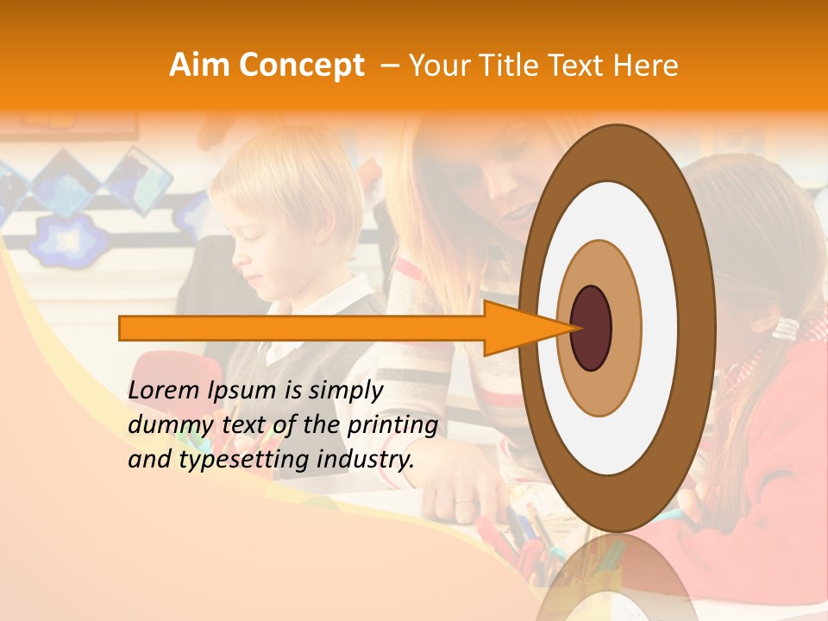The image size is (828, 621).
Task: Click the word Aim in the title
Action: pos(201,66)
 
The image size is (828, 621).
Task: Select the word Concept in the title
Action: pos(303,66)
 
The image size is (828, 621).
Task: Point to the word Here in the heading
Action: pos(645,66)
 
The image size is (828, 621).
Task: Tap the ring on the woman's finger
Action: pos(463,501)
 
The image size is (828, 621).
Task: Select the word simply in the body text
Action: pos(341,392)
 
